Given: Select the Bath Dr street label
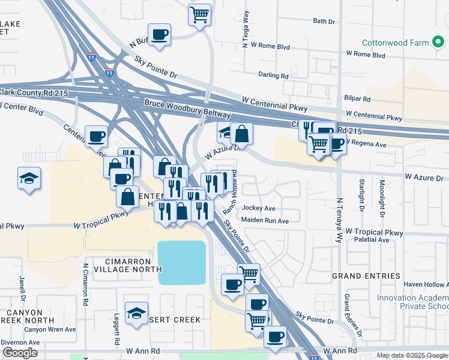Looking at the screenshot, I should click(324, 21).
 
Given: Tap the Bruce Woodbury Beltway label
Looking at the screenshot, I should click(187, 109).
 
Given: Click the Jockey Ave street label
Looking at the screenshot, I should click(258, 208).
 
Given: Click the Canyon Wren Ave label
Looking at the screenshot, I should click(50, 329).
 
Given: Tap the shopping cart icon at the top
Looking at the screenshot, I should click(200, 14).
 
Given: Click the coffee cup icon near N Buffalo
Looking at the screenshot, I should click(159, 34).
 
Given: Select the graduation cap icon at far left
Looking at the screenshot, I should click(29, 178).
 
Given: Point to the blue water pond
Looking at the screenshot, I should click(181, 262).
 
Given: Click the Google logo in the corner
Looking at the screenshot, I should click(20, 353).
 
